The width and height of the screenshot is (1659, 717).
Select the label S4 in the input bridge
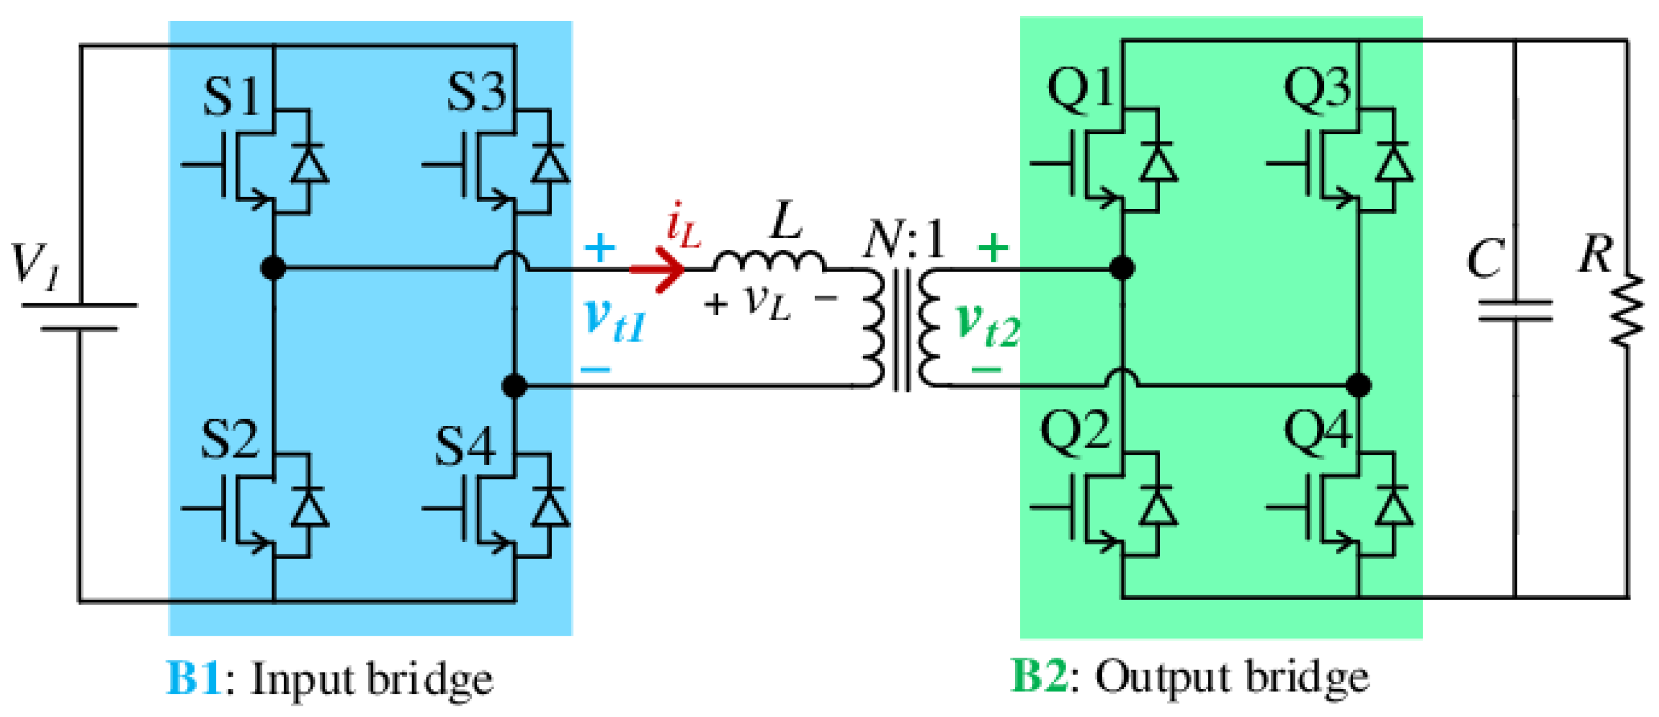tap(465, 445)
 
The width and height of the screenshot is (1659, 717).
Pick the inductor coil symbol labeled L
tap(768, 261)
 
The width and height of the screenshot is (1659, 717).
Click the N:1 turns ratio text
tap(904, 239)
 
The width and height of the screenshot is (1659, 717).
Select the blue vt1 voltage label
tap(613, 320)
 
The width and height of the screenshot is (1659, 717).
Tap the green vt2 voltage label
tap(987, 323)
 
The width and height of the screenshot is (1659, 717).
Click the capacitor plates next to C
tap(1515, 310)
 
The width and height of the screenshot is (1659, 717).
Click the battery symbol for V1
tap(79, 317)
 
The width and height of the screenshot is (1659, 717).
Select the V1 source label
tap(36, 265)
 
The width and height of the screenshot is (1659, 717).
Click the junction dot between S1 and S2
tap(273, 267)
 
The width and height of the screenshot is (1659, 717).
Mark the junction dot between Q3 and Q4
tap(1358, 385)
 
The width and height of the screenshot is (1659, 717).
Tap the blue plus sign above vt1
tap(599, 247)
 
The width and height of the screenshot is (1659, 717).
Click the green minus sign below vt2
tap(986, 369)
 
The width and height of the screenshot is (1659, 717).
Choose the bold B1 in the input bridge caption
tap(193, 677)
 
